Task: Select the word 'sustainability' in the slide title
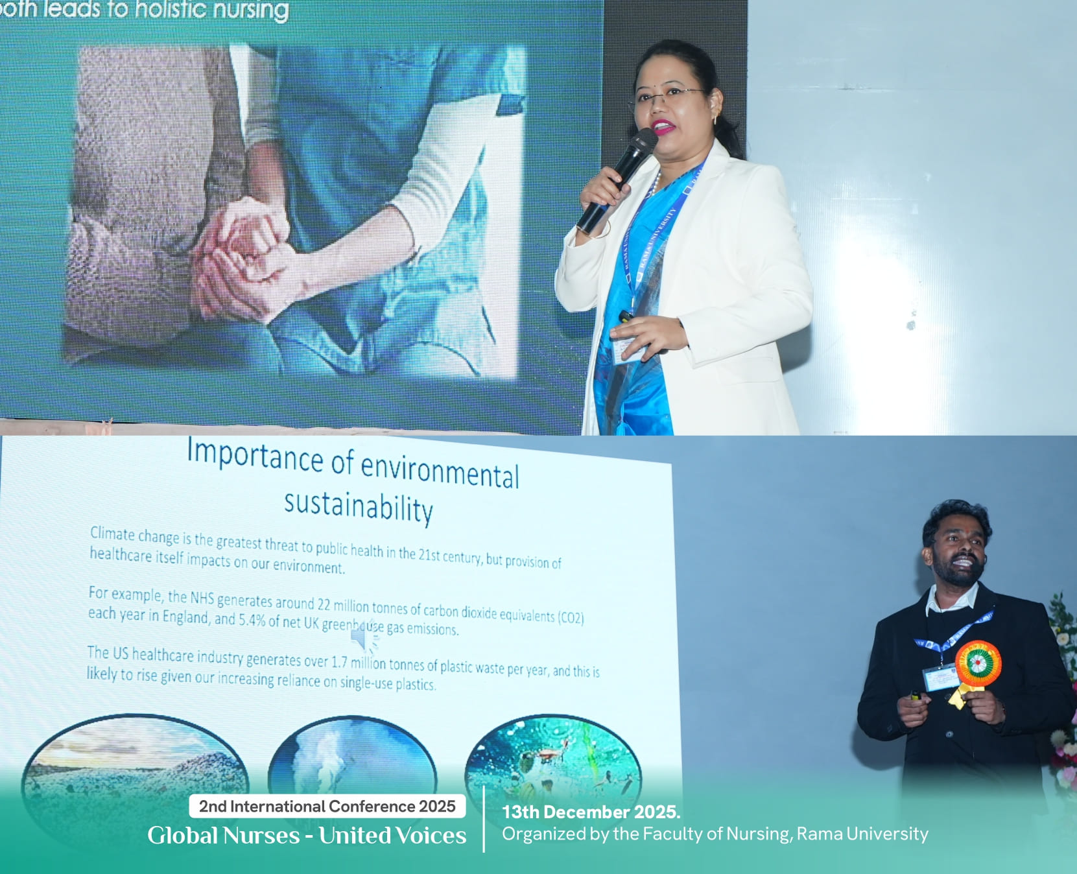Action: coord(359,506)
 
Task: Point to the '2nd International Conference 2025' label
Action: coord(327,806)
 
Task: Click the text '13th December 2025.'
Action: coord(591,812)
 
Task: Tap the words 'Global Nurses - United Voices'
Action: coord(307,835)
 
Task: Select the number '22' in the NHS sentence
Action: coord(324,604)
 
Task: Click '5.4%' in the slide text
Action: coord(252,620)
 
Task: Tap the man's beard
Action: coord(958,574)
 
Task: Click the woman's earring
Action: coord(716,119)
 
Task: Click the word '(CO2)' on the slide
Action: coord(571,617)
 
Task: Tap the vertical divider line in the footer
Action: coord(484,820)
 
